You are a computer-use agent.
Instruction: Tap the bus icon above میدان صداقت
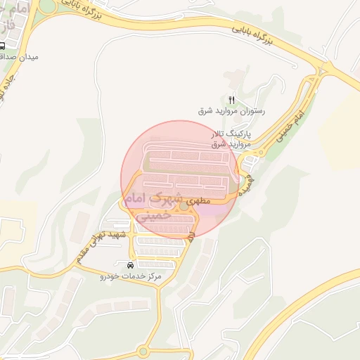pos(4,44)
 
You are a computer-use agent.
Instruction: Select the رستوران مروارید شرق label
pos(230,112)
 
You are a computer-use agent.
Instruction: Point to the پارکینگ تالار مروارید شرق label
pos(231,138)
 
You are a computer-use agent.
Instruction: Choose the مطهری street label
pos(200,202)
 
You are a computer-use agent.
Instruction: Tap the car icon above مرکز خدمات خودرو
pos(131,265)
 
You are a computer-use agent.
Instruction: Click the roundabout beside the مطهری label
pos(184,205)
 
